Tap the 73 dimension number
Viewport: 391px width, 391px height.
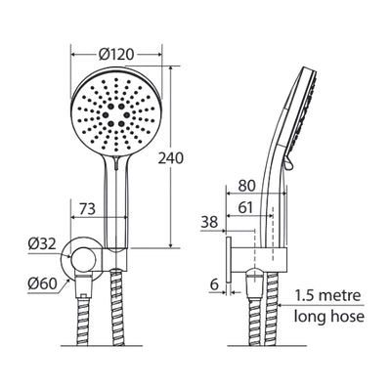tap(86, 207)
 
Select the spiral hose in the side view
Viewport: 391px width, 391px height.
tap(262, 313)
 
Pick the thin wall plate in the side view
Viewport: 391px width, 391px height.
tap(228, 263)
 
